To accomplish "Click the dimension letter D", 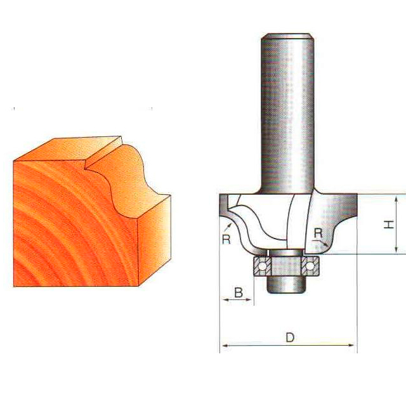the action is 290,337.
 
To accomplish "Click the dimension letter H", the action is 389,224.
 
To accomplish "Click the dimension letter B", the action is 239,292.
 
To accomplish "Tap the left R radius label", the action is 226,239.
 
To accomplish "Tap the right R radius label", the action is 318,233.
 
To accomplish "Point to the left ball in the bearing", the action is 262,266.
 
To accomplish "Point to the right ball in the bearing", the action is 310,266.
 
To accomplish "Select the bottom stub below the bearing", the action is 287,285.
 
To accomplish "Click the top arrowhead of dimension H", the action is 396,199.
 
